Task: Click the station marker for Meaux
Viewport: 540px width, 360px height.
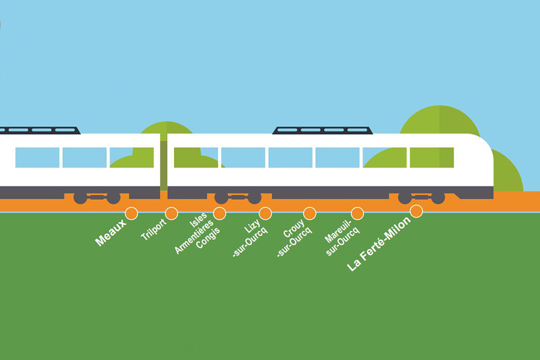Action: coord(131,213)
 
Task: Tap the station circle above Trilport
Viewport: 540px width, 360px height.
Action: coord(172,213)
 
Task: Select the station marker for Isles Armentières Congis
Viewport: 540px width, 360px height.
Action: coord(220,213)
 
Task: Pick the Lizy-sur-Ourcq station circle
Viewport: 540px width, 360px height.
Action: coord(265,213)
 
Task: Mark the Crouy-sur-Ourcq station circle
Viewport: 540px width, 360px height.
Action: coord(309,213)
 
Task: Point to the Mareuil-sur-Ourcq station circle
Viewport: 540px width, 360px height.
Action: coord(357,213)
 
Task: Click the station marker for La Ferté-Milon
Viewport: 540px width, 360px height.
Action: coord(416,211)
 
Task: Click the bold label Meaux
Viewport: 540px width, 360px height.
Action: coord(111,233)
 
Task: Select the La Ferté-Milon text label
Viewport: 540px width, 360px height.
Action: coord(379,244)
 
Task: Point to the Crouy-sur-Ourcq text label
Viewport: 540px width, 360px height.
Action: coord(293,239)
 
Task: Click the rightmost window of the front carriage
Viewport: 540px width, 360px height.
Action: coord(431,158)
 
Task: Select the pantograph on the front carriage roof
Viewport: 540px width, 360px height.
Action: coord(323,130)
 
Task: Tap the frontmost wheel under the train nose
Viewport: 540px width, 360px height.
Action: coord(438,198)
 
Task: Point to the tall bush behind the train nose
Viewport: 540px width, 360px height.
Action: coord(440,121)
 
